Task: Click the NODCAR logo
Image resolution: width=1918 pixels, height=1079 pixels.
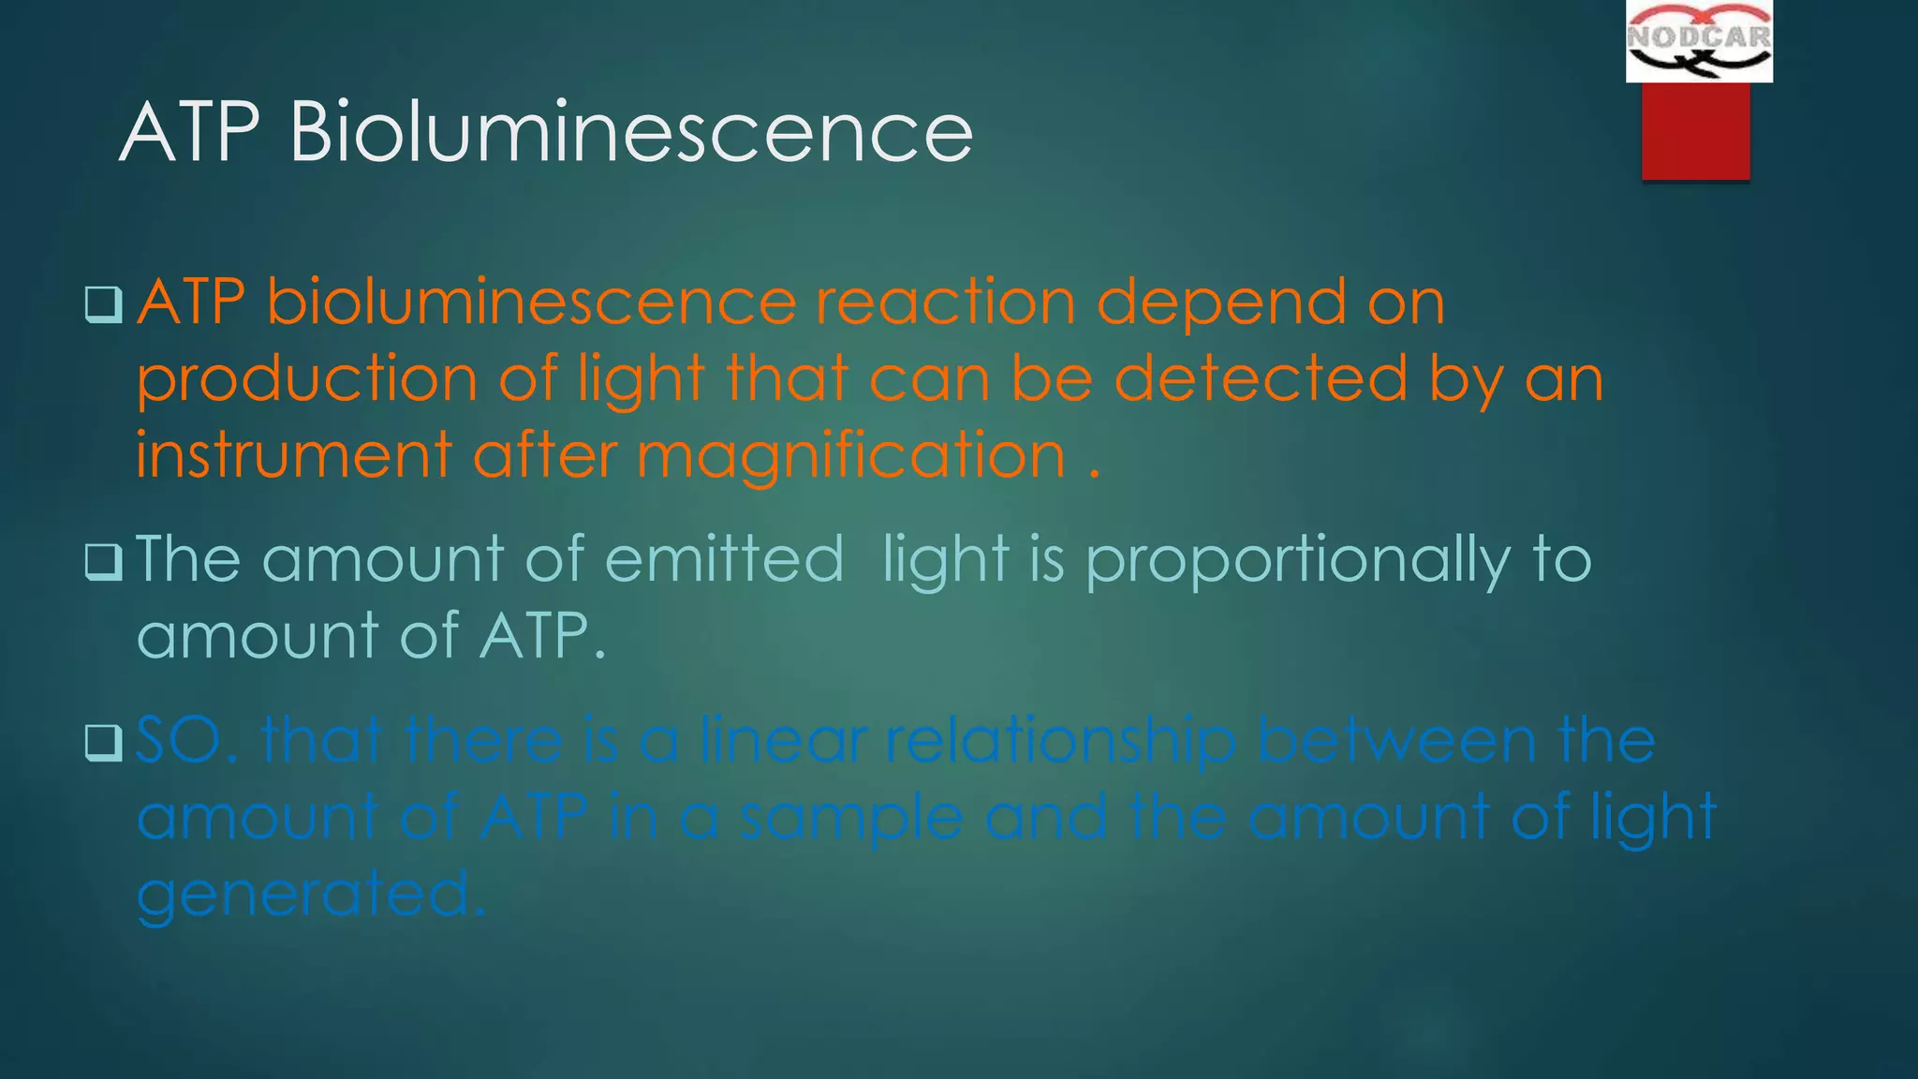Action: click(1699, 41)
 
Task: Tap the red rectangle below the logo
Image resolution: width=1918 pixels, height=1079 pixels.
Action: click(1695, 131)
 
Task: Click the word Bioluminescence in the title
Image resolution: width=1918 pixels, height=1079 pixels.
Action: click(631, 132)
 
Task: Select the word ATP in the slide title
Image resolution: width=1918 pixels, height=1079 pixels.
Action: click(189, 132)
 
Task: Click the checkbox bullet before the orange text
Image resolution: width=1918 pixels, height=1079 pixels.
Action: click(103, 304)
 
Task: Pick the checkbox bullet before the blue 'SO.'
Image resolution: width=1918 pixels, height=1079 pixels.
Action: click(103, 743)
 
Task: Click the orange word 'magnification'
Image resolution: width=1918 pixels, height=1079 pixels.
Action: click(851, 456)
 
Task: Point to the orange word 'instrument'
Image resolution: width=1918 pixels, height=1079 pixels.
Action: click(294, 456)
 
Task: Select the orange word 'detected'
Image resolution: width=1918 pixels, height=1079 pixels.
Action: click(1261, 379)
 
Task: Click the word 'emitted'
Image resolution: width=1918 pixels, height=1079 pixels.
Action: click(724, 559)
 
